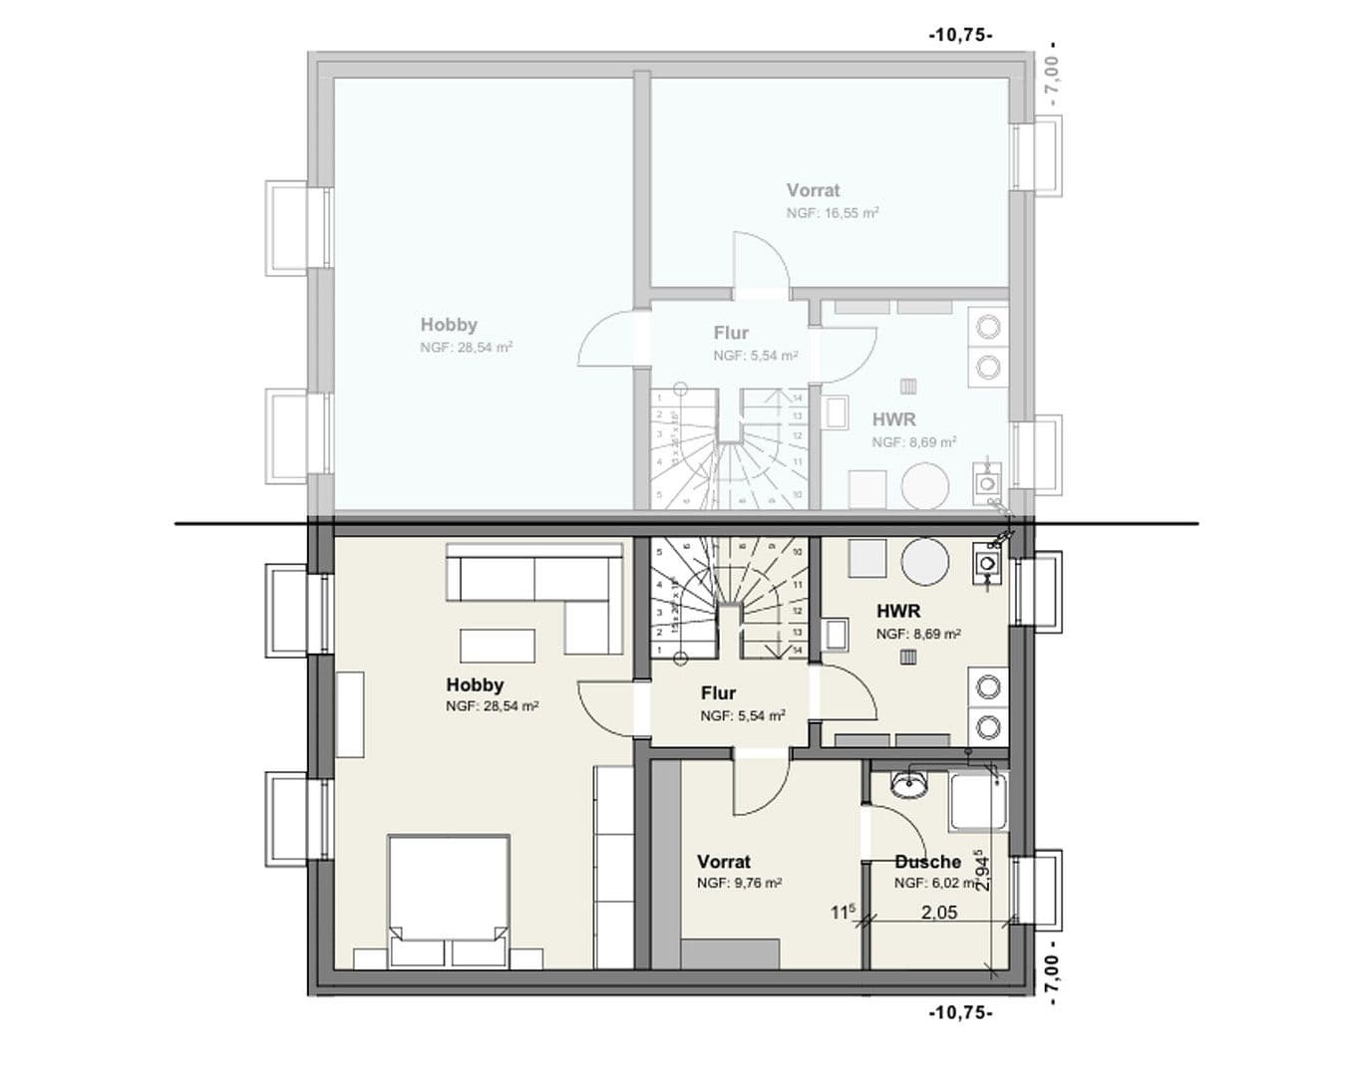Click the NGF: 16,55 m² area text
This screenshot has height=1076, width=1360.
(832, 213)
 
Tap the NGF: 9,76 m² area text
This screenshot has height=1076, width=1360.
(739, 884)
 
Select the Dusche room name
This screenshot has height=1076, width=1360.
(927, 862)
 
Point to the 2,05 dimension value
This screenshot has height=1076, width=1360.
(938, 913)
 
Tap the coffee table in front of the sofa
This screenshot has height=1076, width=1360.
(497, 646)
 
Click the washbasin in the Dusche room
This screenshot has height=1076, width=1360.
(908, 786)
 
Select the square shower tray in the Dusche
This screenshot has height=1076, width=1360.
(978, 803)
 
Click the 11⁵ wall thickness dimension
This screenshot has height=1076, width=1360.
(843, 912)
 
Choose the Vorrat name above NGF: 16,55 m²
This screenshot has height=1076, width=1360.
(813, 190)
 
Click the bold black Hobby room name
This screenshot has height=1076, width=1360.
(475, 685)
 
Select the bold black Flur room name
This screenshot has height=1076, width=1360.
(718, 693)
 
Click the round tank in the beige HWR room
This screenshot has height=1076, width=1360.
(924, 561)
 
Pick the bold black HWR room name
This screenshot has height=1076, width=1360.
(898, 611)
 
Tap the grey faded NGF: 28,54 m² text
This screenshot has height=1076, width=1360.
(466, 348)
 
